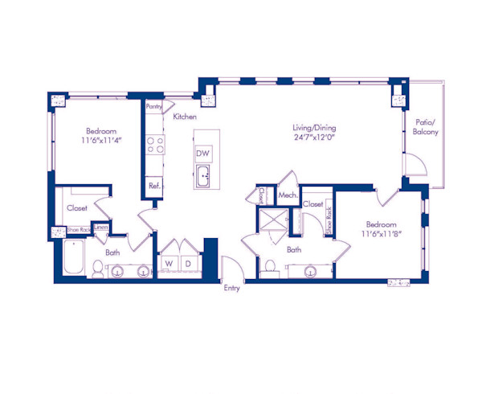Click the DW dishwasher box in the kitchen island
point(204,153)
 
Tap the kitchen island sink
point(204,175)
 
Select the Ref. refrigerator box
point(154,187)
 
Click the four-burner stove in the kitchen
point(154,145)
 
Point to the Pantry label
point(154,105)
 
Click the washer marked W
point(170,263)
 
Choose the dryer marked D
point(188,263)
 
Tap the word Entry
point(232,287)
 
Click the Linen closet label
point(100,228)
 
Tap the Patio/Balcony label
point(425,126)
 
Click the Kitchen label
point(185,117)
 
